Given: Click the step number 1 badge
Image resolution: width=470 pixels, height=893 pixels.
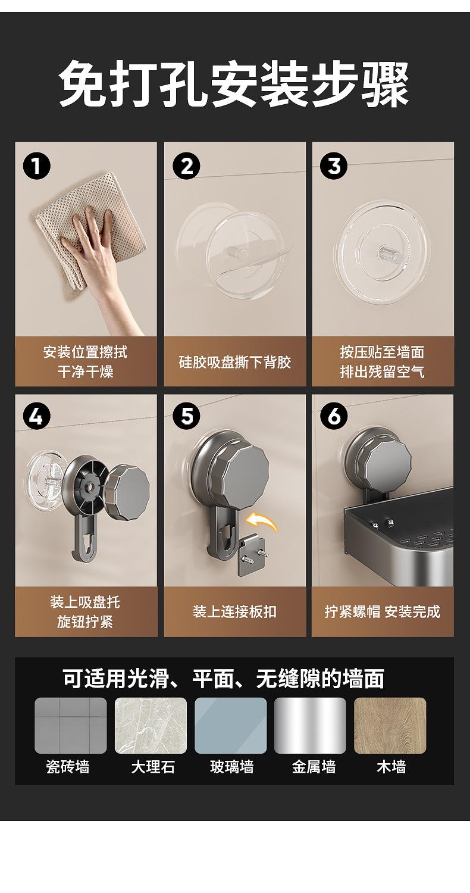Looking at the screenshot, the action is [x=37, y=166].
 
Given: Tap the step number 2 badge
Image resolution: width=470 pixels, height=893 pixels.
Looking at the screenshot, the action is [x=187, y=166].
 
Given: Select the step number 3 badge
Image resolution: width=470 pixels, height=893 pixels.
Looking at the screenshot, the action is [x=334, y=166].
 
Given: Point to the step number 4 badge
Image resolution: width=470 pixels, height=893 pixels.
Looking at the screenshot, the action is [x=37, y=416].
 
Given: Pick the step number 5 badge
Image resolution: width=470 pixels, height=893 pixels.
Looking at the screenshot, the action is [x=187, y=416].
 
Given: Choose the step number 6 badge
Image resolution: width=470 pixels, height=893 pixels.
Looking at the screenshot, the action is [x=334, y=416].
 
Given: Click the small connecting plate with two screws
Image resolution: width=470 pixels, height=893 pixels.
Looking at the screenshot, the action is [x=252, y=555].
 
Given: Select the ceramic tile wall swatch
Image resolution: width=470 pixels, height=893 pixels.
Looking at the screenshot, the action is [x=71, y=725].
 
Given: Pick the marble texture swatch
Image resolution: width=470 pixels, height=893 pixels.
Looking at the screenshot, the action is [x=151, y=725].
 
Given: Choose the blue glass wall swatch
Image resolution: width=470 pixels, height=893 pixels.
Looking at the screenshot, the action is [x=231, y=725].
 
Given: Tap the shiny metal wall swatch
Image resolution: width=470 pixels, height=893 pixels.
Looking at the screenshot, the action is [x=311, y=725].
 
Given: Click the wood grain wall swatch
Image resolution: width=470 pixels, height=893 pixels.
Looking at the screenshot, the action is [x=390, y=725].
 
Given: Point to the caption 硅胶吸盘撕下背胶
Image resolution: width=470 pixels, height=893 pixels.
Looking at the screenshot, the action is [x=235, y=362].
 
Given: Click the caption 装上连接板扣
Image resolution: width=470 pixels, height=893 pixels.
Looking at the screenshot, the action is [x=234, y=611].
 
